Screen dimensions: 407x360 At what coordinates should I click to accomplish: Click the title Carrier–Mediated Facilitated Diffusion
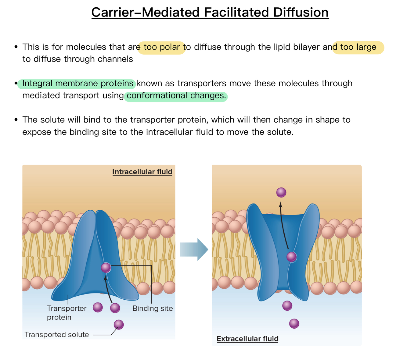(x=210, y=12)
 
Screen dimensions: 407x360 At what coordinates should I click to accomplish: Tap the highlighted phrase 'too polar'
(x=162, y=47)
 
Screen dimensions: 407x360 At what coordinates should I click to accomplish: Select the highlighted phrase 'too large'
(x=358, y=47)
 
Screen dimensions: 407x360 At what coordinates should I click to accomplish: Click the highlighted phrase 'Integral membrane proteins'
(x=78, y=84)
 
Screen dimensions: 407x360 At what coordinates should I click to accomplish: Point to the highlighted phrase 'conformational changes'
(x=176, y=96)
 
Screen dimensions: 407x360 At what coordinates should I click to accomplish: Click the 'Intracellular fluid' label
(x=142, y=172)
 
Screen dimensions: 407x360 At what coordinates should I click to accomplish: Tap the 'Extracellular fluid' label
(x=247, y=339)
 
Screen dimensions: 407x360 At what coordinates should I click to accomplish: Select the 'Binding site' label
(x=153, y=308)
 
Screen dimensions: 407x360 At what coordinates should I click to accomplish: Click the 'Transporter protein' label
(x=67, y=313)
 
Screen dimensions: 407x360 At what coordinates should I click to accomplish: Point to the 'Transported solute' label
(x=57, y=335)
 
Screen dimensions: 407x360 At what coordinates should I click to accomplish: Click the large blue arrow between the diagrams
(x=194, y=249)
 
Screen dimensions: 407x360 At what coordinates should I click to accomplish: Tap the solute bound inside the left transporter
(x=106, y=268)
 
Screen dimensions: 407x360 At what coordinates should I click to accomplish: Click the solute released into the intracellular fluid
(x=281, y=192)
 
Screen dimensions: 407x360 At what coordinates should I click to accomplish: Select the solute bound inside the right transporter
(x=291, y=257)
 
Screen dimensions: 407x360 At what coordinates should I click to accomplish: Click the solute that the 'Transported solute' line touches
(x=119, y=324)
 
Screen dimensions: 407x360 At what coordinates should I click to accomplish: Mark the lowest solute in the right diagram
(x=294, y=323)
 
